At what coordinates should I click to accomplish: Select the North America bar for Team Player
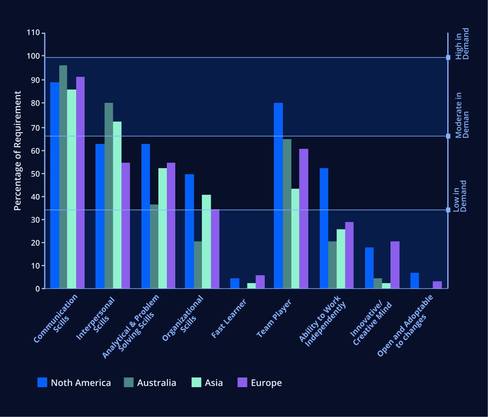click(278, 196)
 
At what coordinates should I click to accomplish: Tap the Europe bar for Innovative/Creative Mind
click(395, 265)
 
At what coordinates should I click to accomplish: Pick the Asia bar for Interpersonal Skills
click(117, 205)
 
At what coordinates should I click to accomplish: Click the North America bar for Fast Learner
click(235, 284)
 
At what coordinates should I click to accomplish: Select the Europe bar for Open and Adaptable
click(437, 285)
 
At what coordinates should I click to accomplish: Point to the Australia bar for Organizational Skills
click(198, 265)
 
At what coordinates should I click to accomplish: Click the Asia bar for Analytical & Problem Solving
click(162, 228)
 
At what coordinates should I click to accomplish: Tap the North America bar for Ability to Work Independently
click(324, 228)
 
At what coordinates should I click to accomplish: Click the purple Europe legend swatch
click(242, 382)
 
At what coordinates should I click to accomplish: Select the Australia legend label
click(156, 383)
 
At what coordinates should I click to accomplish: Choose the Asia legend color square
click(196, 382)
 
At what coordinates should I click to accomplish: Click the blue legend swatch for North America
click(42, 382)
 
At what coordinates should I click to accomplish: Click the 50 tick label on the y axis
click(35, 174)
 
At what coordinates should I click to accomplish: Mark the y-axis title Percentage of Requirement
click(17, 150)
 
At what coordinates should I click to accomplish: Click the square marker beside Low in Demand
click(448, 210)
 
